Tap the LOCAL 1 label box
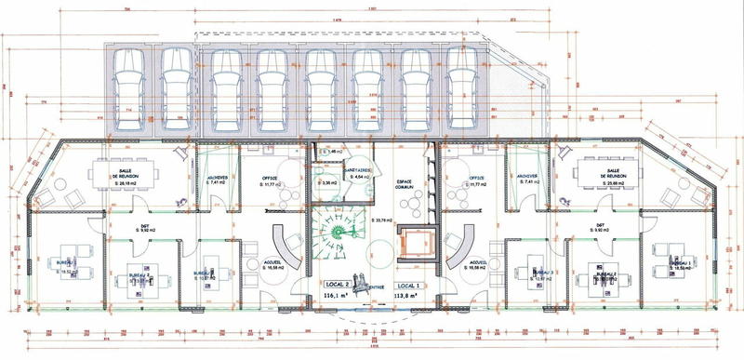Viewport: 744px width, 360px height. pos(408,284)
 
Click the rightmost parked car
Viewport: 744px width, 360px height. pos(461,88)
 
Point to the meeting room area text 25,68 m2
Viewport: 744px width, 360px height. pos(613,184)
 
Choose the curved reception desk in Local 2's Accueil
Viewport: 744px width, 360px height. pos(286,249)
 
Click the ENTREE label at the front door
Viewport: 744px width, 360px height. pos(375,288)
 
